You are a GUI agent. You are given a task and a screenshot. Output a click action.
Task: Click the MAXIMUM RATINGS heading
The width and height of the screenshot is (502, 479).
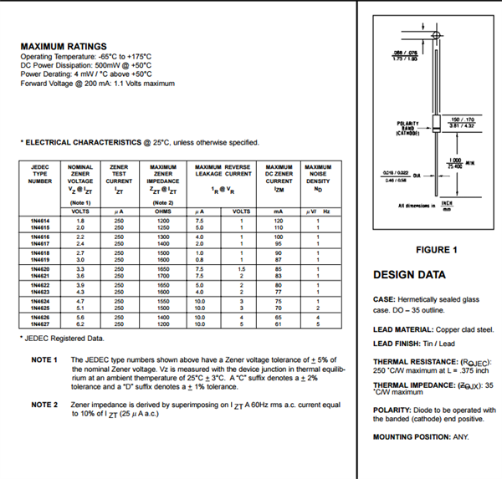click(64, 46)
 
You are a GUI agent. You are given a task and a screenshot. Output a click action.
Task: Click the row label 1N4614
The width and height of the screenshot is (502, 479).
click(40, 221)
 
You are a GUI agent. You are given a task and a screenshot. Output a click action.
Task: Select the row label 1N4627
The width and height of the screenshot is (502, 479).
click(40, 324)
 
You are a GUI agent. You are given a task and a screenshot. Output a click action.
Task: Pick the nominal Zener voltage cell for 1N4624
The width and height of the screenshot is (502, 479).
click(80, 299)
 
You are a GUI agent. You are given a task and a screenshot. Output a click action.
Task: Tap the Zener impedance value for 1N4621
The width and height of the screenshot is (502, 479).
click(163, 276)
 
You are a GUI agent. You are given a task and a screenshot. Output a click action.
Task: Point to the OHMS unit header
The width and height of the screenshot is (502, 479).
click(163, 211)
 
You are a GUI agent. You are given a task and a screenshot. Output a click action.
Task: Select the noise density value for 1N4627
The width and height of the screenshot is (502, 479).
click(318, 324)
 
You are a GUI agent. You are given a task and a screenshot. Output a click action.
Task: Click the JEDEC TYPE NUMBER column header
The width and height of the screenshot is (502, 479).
click(40, 173)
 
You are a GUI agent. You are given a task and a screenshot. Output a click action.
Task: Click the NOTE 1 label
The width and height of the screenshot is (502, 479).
click(44, 359)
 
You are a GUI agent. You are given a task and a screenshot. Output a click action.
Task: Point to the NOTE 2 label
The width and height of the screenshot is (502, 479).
click(44, 405)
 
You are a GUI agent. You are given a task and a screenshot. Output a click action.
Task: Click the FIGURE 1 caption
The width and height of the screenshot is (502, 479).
click(436, 249)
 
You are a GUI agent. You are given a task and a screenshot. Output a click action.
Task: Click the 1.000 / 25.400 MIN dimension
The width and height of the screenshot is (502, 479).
click(458, 163)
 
